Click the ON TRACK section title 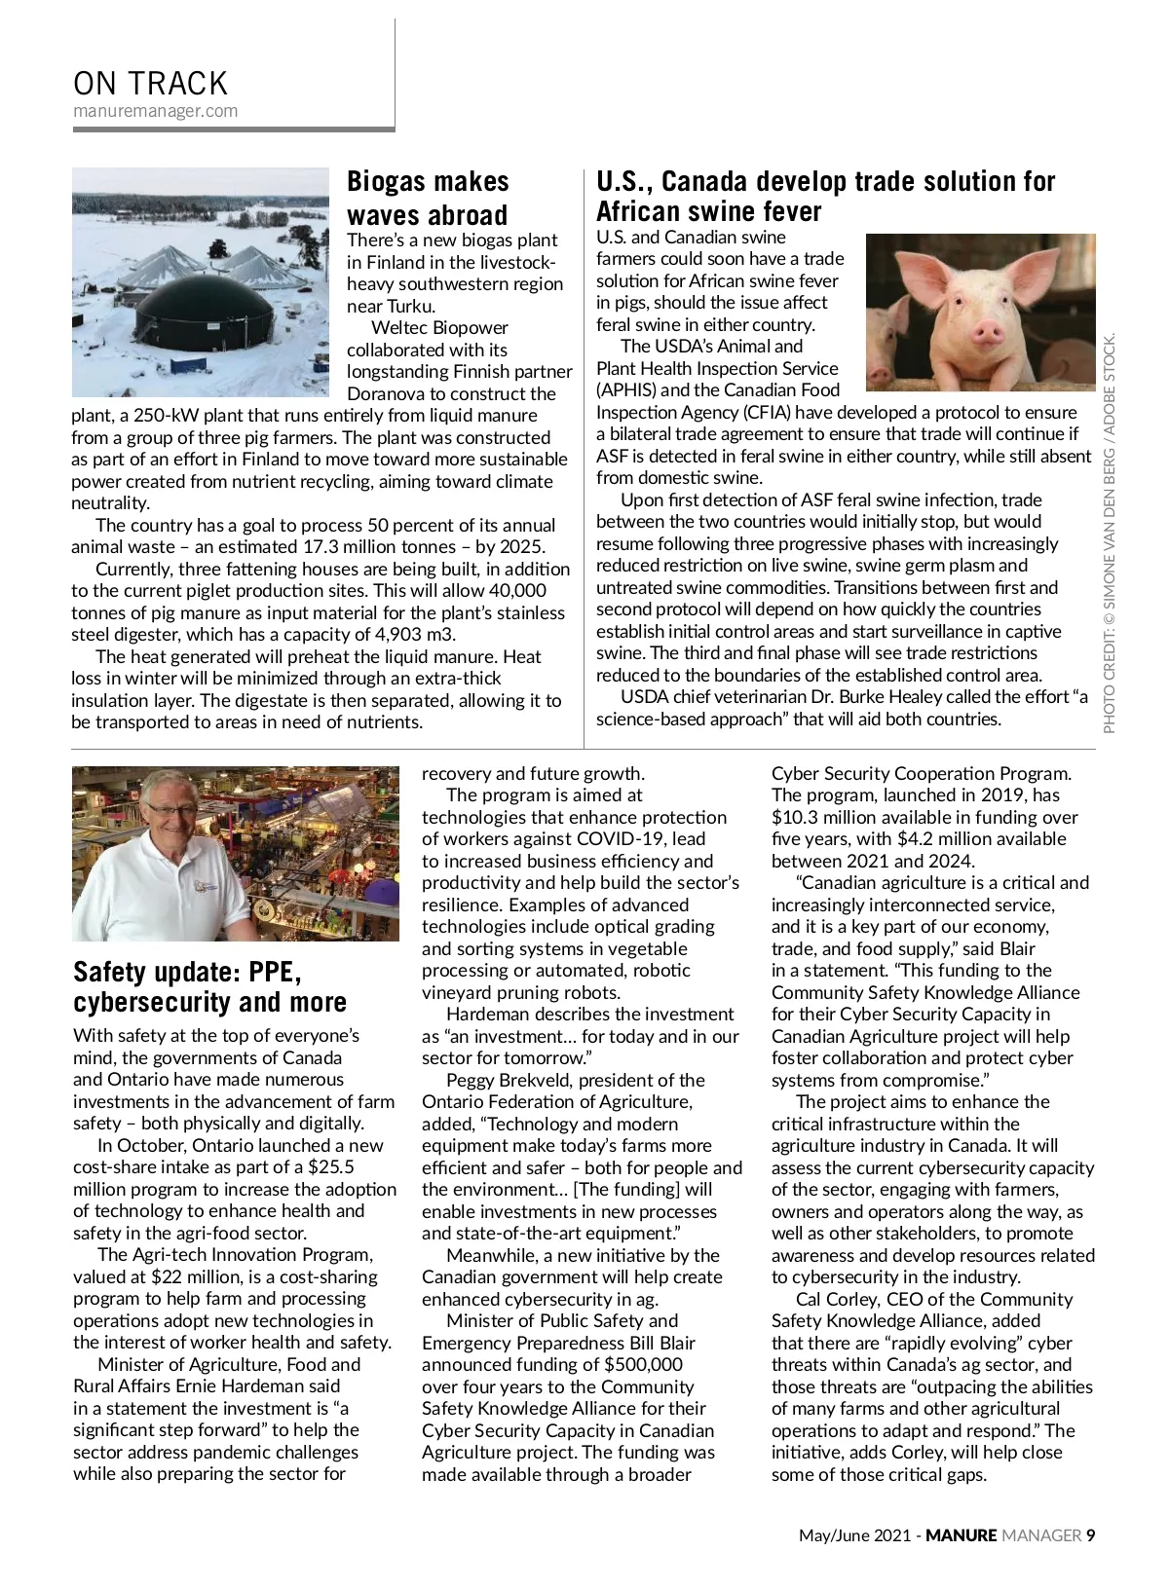(150, 83)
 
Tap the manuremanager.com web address (155, 111)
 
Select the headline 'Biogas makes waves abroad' (428, 198)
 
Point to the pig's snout (987, 333)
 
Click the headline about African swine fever (825, 196)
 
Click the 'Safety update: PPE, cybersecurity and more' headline (209, 987)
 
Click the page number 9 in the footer (1091, 1535)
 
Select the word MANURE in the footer (961, 1535)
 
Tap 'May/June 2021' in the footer (854, 1535)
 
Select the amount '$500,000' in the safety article (643, 1364)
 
